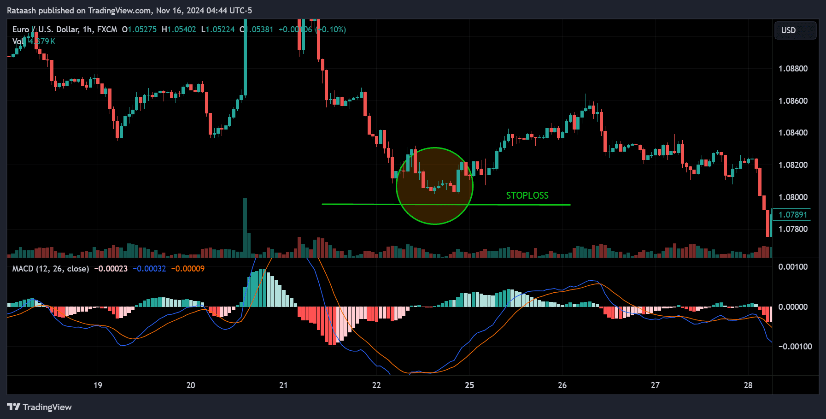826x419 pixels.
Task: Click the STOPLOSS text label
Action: (527, 195)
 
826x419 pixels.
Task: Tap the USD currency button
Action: (795, 30)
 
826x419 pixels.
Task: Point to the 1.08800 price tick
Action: (793, 69)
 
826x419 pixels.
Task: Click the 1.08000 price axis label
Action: (793, 197)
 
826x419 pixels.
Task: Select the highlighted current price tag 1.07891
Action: (792, 215)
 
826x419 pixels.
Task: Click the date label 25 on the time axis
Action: (469, 385)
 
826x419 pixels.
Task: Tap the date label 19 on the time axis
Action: (98, 385)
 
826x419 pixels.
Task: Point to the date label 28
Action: (748, 385)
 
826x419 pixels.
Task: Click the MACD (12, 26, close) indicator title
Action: (50, 269)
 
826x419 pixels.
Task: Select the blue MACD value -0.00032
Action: (149, 269)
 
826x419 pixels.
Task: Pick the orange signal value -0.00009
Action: (187, 269)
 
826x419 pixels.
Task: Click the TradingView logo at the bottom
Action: (40, 407)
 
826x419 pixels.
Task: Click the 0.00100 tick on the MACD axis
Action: (793, 267)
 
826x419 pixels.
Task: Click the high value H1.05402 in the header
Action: (179, 30)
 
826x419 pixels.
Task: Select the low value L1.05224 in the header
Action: (218, 30)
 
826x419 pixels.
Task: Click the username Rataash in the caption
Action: (21, 11)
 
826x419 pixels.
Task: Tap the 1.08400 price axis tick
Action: (793, 133)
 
